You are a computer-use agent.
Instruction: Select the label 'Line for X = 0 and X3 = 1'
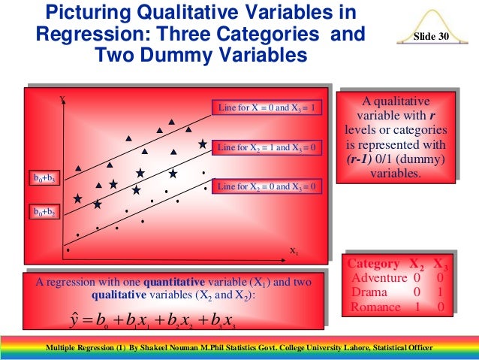(268, 107)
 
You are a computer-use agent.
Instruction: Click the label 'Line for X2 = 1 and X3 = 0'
(268, 147)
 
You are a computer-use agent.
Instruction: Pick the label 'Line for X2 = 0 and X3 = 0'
(268, 186)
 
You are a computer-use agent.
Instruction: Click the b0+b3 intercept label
(44, 179)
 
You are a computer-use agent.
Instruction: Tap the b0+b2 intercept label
(44, 213)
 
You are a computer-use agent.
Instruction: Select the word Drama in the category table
(369, 292)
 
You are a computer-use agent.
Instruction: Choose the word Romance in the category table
(375, 306)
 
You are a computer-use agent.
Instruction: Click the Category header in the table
(375, 264)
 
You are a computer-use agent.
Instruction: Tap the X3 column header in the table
(442, 264)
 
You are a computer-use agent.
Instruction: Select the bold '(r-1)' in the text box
(364, 160)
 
